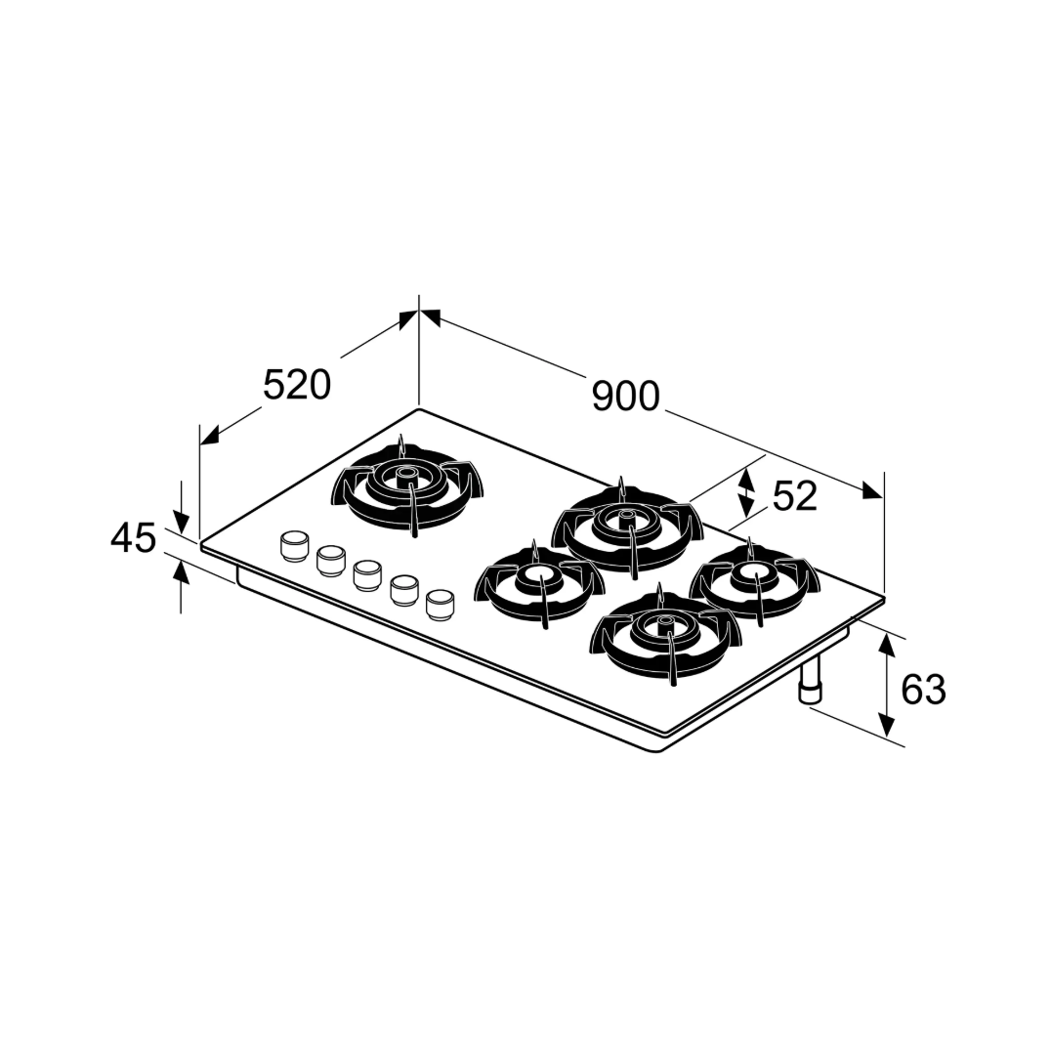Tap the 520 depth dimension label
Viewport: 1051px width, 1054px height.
[x=297, y=385]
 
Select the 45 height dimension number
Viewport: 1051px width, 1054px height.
[x=133, y=538]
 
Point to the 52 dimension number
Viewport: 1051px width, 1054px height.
[x=794, y=496]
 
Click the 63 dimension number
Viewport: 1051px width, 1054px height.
[x=923, y=689]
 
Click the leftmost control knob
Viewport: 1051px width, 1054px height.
[x=293, y=545]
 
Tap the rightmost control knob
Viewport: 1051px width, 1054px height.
[x=440, y=604]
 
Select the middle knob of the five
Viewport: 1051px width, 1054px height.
[x=366, y=574]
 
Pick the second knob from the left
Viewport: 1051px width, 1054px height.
[x=329, y=560]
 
